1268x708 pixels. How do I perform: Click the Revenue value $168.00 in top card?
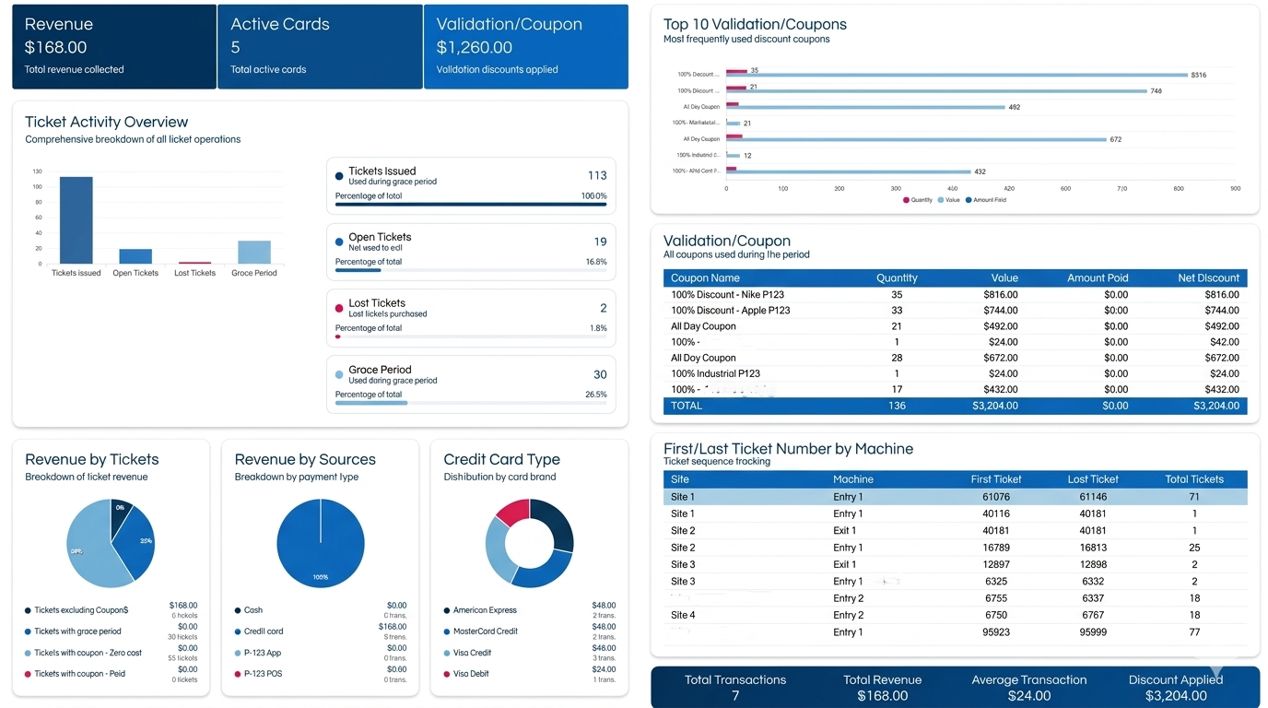(x=55, y=47)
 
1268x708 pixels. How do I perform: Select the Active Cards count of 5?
(x=235, y=47)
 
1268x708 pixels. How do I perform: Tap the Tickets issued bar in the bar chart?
(x=76, y=220)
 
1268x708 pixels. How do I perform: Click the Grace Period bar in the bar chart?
(x=254, y=252)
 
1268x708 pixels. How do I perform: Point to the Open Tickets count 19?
(x=600, y=242)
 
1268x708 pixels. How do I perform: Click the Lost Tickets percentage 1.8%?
(x=598, y=328)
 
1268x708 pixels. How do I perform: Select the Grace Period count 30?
(x=600, y=374)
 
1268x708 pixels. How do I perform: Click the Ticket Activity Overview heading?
(x=106, y=122)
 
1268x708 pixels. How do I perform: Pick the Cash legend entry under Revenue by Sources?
(x=253, y=610)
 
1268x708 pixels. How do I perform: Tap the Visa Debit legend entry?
(x=472, y=674)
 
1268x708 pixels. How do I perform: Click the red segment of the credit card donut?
(x=512, y=512)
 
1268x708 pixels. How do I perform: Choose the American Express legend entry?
(x=485, y=610)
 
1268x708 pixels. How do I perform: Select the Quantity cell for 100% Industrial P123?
(x=897, y=373)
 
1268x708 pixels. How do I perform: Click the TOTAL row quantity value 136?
(x=897, y=406)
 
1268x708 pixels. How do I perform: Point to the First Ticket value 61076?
(x=995, y=497)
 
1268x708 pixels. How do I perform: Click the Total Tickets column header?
(x=1194, y=479)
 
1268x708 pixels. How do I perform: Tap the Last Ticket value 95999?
(x=1093, y=632)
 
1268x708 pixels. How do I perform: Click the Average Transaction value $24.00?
(x=1028, y=696)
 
